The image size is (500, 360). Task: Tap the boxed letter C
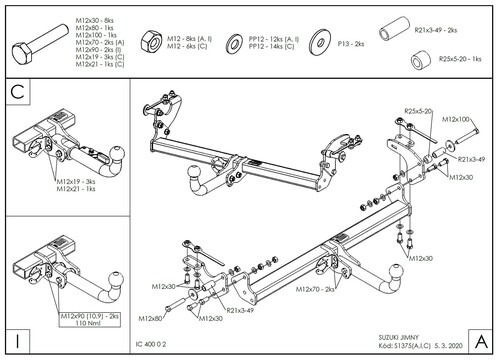tap(17, 92)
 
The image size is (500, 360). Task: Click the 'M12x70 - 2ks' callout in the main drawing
tap(318, 290)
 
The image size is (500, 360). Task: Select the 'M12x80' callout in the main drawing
tap(150, 318)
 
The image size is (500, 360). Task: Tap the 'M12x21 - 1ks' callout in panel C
tap(76, 189)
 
